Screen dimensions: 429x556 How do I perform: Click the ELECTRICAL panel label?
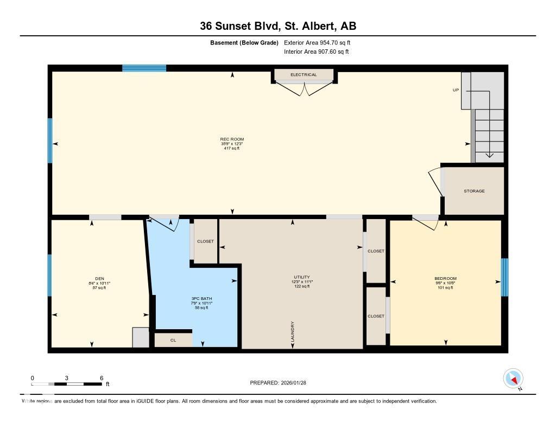(x=304, y=75)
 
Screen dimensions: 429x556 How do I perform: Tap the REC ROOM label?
(x=232, y=139)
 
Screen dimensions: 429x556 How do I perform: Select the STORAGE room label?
(x=474, y=191)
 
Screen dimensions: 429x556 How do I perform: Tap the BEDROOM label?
(x=445, y=279)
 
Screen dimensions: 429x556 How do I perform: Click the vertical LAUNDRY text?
(x=293, y=332)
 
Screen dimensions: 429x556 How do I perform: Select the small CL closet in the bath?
(x=173, y=340)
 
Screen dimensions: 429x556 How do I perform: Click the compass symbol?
(x=513, y=378)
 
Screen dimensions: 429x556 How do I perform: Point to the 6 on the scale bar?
(x=102, y=377)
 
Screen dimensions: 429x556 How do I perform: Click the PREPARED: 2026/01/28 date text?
(x=282, y=382)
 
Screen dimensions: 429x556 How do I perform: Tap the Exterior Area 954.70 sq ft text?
(x=321, y=42)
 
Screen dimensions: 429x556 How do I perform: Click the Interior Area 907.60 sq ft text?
(x=316, y=52)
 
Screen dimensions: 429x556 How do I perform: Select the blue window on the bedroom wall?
(x=504, y=277)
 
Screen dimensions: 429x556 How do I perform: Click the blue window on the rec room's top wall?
(x=144, y=68)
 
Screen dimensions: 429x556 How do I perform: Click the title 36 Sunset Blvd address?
(x=277, y=26)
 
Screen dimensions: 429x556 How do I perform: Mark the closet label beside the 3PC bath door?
(x=205, y=241)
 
